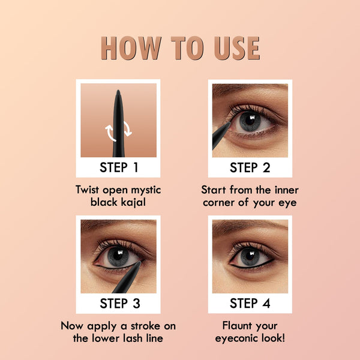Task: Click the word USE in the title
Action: (237, 48)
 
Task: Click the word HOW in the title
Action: (131, 48)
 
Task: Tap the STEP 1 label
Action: (119, 167)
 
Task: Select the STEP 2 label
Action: (250, 167)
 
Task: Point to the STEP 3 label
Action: (120, 303)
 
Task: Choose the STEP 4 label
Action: (250, 303)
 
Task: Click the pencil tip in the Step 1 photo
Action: (118, 92)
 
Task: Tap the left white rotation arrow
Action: (110, 133)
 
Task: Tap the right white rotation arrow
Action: (127, 128)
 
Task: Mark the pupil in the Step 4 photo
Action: (250, 256)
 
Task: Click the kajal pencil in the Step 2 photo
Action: (220, 136)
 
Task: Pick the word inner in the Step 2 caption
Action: (287, 190)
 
